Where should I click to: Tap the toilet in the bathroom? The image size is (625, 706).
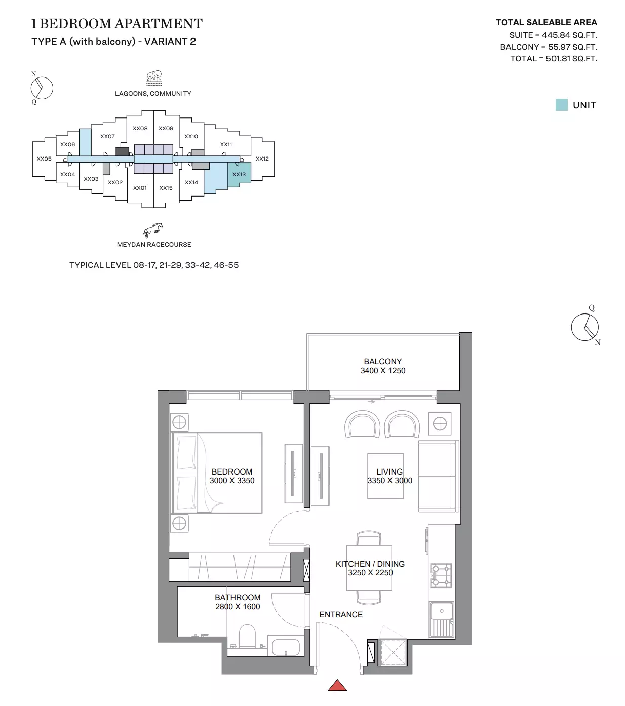(x=248, y=637)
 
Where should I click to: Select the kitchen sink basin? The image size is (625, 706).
(x=441, y=611)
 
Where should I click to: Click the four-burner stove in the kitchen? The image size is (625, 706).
(x=441, y=575)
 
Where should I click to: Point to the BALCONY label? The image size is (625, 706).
(x=382, y=361)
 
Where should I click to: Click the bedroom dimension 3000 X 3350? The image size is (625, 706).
(x=232, y=481)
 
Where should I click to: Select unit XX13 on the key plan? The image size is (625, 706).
(x=239, y=174)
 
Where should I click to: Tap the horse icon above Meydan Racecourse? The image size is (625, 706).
(x=153, y=230)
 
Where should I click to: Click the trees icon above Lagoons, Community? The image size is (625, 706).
(x=154, y=78)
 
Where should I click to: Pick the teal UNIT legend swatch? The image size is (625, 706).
(x=561, y=105)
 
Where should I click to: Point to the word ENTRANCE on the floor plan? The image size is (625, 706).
(x=341, y=614)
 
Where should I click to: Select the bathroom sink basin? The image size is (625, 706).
(x=286, y=647)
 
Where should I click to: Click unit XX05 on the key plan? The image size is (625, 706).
(x=44, y=159)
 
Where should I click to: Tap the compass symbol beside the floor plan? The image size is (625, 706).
(x=585, y=327)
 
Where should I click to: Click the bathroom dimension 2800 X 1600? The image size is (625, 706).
(x=238, y=607)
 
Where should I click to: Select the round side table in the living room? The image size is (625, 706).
(x=440, y=423)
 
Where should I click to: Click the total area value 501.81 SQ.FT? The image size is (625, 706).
(x=571, y=58)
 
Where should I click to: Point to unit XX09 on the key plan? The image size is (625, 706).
(x=166, y=128)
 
